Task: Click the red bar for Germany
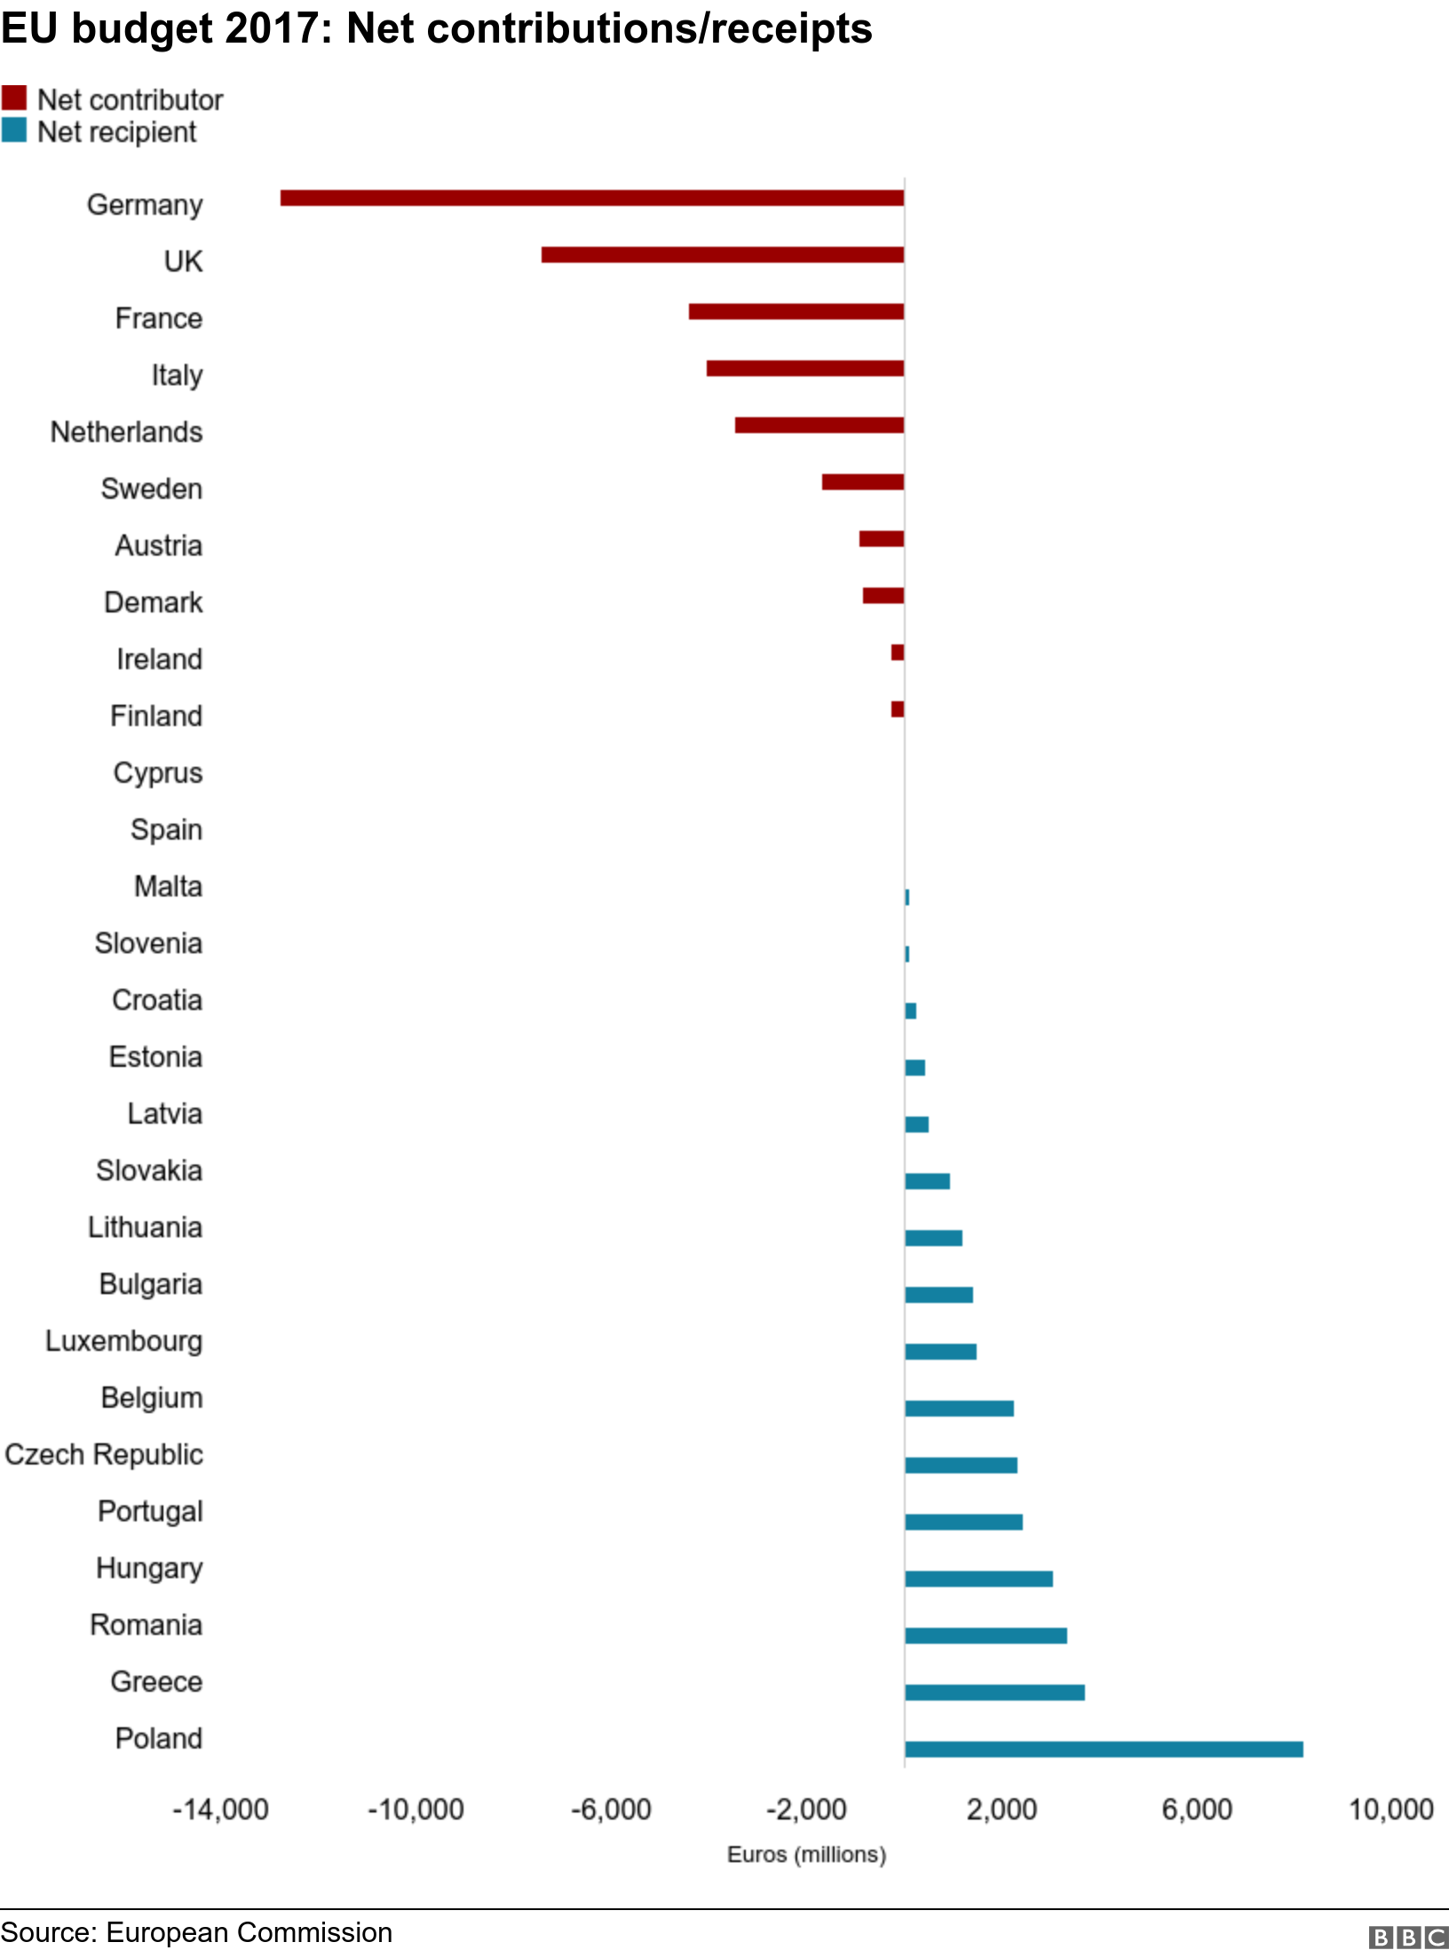pyautogui.click(x=592, y=198)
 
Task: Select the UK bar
pyautogui.click(x=723, y=255)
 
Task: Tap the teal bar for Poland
pyautogui.click(x=1105, y=1749)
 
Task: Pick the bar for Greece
pyautogui.click(x=995, y=1693)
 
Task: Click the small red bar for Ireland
pyautogui.click(x=898, y=652)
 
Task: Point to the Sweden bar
pyautogui.click(x=863, y=482)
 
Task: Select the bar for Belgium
pyautogui.click(x=960, y=1409)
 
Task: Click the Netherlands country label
pyautogui.click(x=127, y=432)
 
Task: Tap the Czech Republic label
pyautogui.click(x=104, y=1455)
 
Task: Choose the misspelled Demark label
pyautogui.click(x=154, y=603)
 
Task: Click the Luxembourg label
pyautogui.click(x=124, y=1341)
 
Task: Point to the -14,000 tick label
pyautogui.click(x=220, y=1810)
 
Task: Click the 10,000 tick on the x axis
pyautogui.click(x=1391, y=1810)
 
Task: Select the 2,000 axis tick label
pyautogui.click(x=1002, y=1810)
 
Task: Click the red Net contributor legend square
pyautogui.click(x=14, y=98)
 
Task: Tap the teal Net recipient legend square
pyautogui.click(x=14, y=130)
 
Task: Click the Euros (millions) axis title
pyautogui.click(x=807, y=1855)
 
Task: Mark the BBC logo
pyautogui.click(x=1408, y=1937)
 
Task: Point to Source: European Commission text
pyautogui.click(x=196, y=1932)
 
